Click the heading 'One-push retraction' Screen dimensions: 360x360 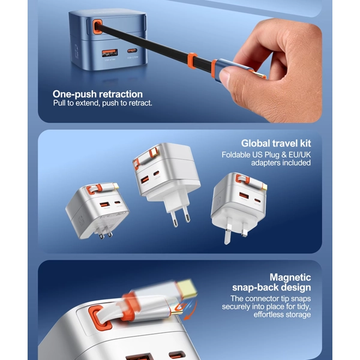click(x=98, y=94)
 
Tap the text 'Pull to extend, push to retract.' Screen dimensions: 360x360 click(x=103, y=103)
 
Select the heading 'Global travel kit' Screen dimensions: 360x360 click(x=276, y=143)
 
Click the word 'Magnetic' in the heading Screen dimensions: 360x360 click(x=290, y=277)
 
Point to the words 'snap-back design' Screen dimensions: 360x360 click(x=272, y=287)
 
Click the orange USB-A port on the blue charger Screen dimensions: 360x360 click(x=110, y=53)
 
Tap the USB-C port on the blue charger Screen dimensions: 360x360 click(x=132, y=50)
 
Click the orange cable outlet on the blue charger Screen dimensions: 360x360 click(x=97, y=27)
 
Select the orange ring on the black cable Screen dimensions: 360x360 click(x=193, y=61)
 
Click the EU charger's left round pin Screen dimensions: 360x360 click(x=175, y=220)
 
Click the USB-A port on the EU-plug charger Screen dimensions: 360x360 click(x=145, y=179)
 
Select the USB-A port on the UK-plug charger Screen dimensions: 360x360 click(x=244, y=196)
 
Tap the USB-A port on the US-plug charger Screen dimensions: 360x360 click(x=105, y=204)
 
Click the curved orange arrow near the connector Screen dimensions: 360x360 click(x=191, y=310)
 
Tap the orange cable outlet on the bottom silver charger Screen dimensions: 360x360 click(x=100, y=318)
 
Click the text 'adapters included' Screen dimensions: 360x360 click(x=281, y=163)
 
